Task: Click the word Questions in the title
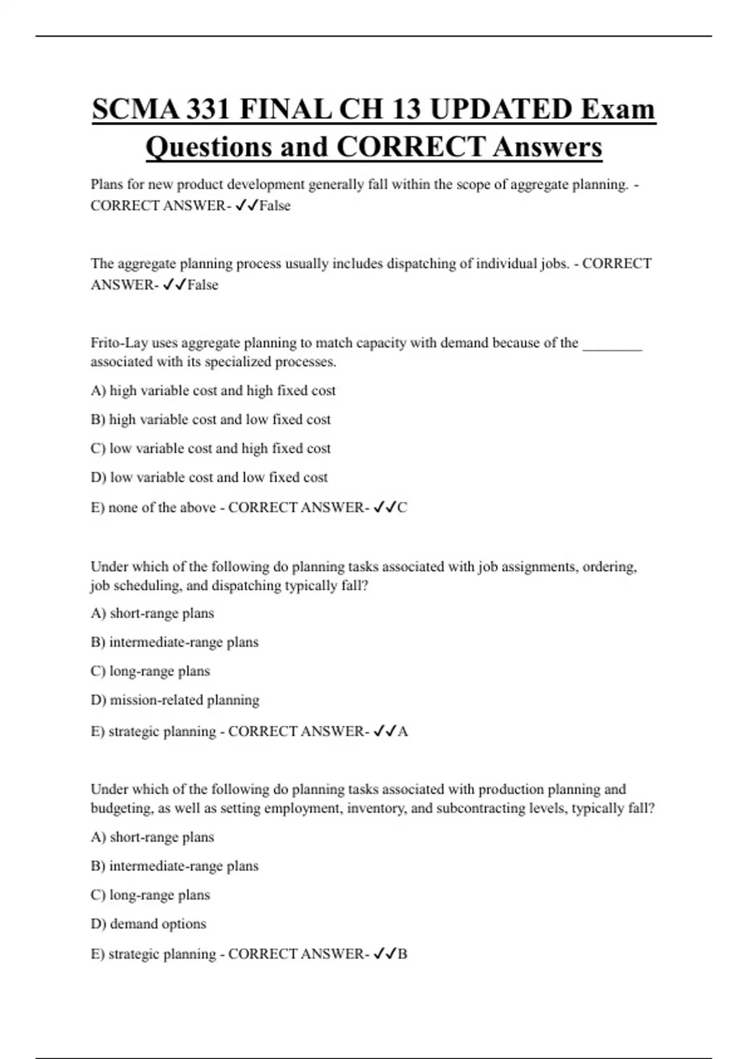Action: pyautogui.click(x=208, y=148)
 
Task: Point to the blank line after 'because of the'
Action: pyautogui.click(x=612, y=344)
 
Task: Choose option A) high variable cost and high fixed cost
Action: pyautogui.click(x=213, y=391)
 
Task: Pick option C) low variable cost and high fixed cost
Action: pyautogui.click(x=211, y=449)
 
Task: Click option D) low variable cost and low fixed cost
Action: pyautogui.click(x=209, y=478)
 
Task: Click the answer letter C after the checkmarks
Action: pyautogui.click(x=402, y=508)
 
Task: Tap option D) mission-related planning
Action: pyautogui.click(x=175, y=700)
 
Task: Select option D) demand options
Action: pyautogui.click(x=148, y=924)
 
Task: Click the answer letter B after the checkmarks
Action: pyautogui.click(x=402, y=954)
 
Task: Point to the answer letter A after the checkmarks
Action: pyautogui.click(x=403, y=731)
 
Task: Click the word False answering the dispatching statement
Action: pyautogui.click(x=203, y=285)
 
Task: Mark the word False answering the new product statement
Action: pyautogui.click(x=275, y=206)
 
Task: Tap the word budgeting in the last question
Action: pyautogui.click(x=122, y=809)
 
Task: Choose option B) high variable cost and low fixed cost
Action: pyautogui.click(x=211, y=420)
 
